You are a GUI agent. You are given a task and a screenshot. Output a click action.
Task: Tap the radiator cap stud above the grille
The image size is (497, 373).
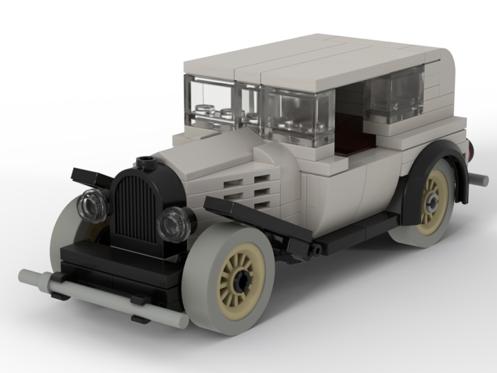(x=146, y=164)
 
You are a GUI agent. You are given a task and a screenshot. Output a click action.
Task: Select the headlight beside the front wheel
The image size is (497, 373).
(x=173, y=223)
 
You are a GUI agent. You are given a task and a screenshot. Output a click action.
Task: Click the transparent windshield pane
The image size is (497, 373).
(x=211, y=104)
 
